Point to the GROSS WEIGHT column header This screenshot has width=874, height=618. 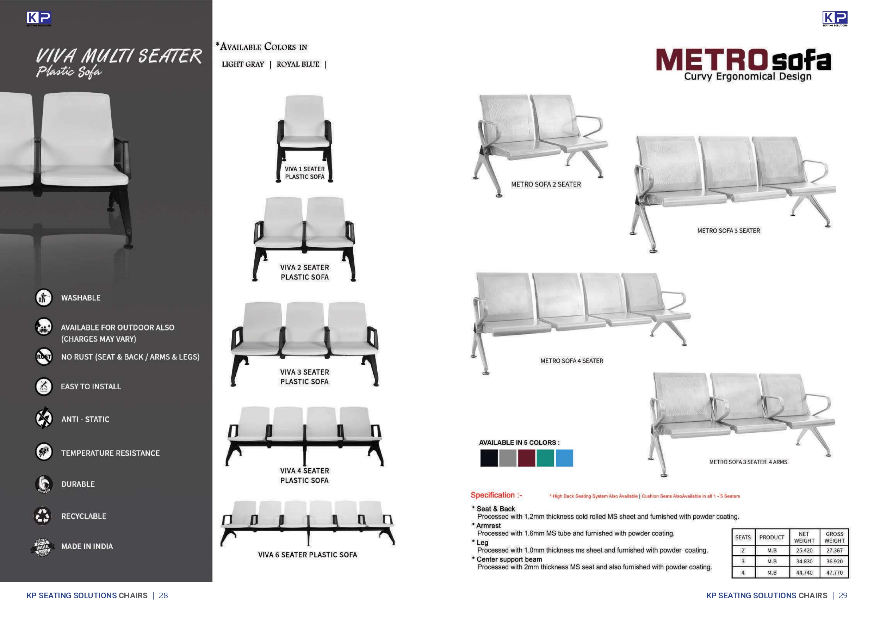[x=835, y=537]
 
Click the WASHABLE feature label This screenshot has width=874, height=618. [x=81, y=298]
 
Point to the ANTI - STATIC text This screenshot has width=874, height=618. [x=85, y=419]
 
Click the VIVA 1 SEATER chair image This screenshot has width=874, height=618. [x=304, y=129]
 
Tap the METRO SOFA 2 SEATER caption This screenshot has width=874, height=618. [x=546, y=184]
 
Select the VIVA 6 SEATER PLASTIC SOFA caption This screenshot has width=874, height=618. [x=308, y=555]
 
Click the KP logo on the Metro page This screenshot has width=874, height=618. [x=835, y=19]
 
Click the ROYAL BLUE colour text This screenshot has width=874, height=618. [x=298, y=64]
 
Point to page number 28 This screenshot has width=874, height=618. [x=163, y=595]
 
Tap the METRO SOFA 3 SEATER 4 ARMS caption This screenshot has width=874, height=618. [x=748, y=462]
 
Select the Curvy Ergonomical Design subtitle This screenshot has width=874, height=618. [x=748, y=76]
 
